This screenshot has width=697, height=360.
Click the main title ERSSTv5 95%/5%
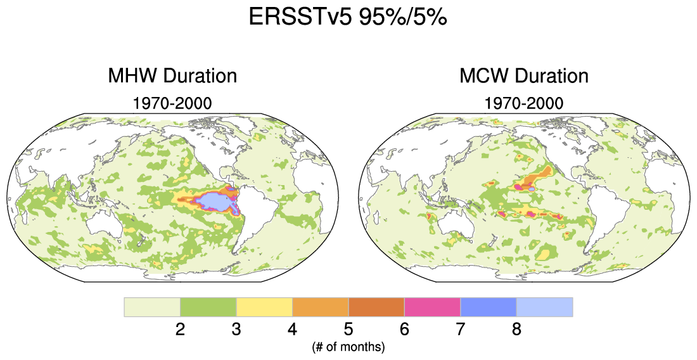coord(348,18)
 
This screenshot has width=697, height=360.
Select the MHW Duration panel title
coord(172,77)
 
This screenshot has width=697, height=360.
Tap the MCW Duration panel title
coord(523,77)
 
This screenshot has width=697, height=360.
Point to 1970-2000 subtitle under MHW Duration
coord(172,102)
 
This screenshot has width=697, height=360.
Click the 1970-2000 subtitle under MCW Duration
coord(523,102)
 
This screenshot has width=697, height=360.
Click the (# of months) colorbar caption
coord(348,347)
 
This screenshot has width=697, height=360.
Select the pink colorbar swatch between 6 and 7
coord(432,307)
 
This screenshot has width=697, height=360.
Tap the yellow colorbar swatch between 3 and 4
coord(264,307)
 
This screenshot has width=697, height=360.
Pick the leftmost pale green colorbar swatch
coord(152,307)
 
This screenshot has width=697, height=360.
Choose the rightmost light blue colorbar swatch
coord(544,307)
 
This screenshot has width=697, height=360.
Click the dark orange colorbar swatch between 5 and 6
coord(376,307)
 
